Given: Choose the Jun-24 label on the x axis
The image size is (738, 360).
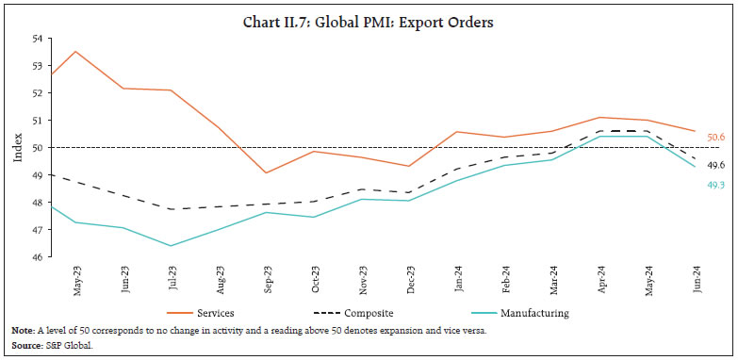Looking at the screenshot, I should point(697,280).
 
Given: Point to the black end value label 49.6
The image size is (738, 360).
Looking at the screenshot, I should point(714,165).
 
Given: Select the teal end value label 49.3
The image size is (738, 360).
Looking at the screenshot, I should point(714,186).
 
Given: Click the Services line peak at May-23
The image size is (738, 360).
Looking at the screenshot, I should point(76,52).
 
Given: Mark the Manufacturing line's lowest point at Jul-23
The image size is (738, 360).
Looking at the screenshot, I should point(171,246).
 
